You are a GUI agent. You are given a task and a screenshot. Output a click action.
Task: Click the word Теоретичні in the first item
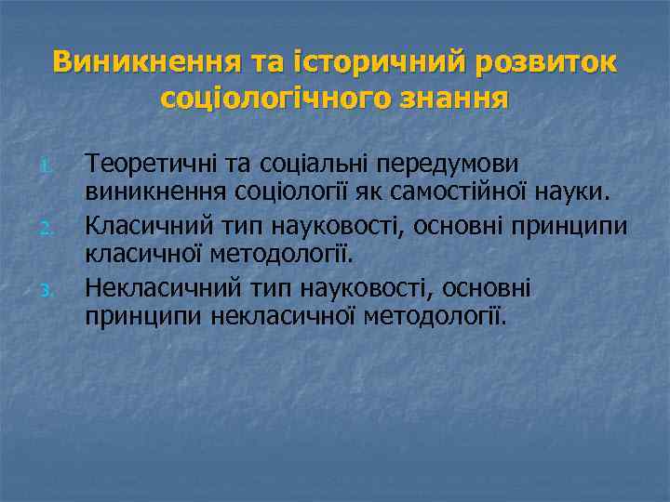pos(140,164)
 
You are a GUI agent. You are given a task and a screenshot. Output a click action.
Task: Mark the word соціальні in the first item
pos(297,164)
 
